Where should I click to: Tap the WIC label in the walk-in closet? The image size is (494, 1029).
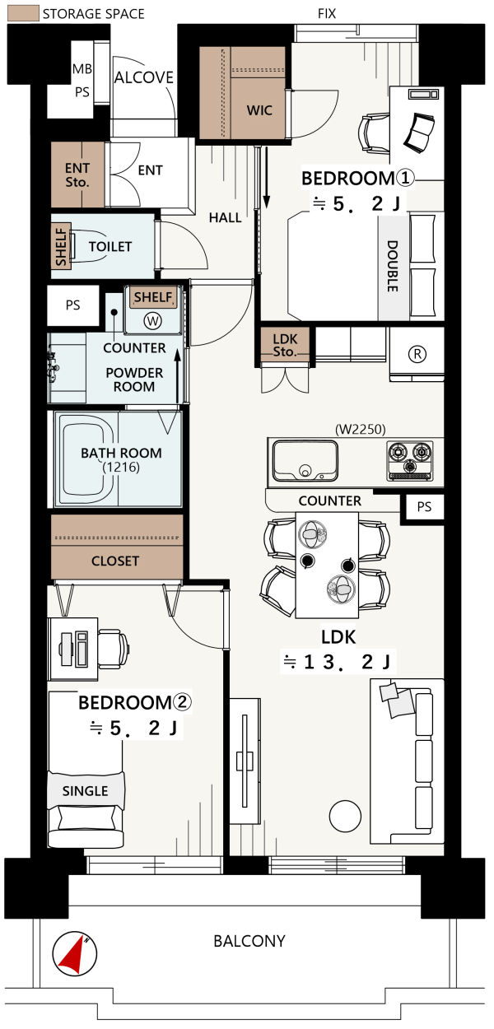[259, 110]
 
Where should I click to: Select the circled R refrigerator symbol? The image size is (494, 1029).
[417, 354]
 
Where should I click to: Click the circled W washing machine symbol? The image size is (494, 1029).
[152, 320]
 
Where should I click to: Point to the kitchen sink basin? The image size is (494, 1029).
[305, 460]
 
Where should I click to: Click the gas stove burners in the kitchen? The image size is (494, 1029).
[410, 460]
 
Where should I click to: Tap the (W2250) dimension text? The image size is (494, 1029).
[361, 429]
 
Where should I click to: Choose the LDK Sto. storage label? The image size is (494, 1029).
[285, 346]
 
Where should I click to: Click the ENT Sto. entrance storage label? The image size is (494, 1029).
[77, 175]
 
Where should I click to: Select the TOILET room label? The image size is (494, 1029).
[110, 247]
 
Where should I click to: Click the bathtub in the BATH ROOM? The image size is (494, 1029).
[86, 459]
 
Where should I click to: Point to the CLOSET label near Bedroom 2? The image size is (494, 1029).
[115, 561]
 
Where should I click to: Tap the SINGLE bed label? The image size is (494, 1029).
[86, 791]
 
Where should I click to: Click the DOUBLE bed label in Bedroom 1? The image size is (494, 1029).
[392, 266]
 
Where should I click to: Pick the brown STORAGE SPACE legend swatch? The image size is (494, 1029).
[23, 13]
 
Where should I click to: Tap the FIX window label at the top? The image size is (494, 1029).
[327, 14]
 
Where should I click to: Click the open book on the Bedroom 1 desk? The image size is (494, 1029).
[419, 133]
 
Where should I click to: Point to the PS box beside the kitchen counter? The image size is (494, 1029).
[424, 507]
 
